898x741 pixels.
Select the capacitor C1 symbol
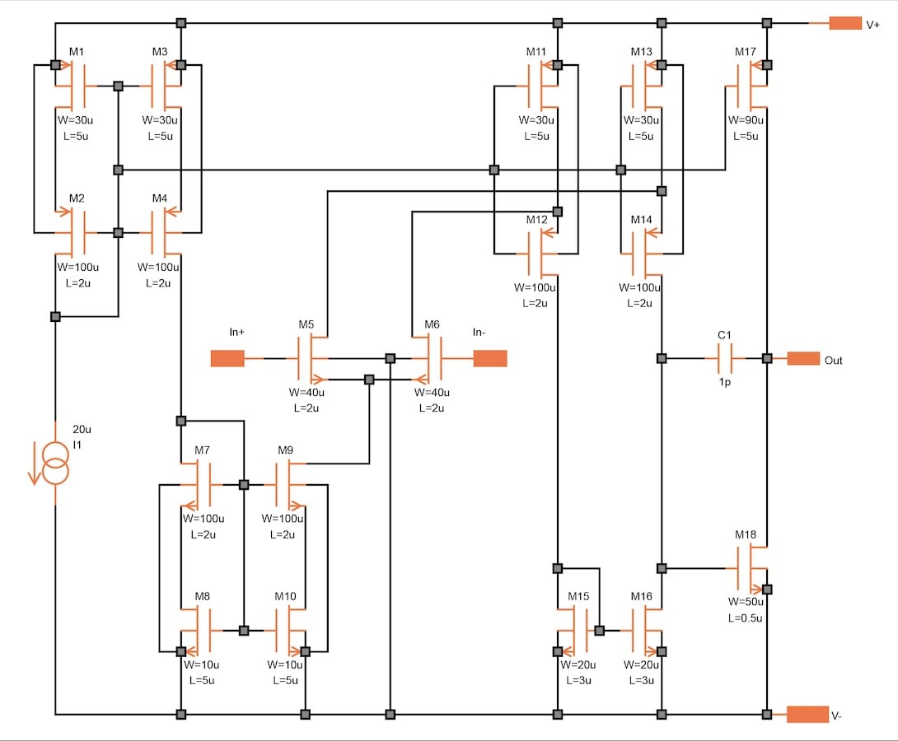tap(725, 358)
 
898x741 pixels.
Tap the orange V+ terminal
tap(844, 24)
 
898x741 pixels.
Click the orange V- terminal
tap(807, 715)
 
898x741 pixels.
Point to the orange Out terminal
tap(803, 359)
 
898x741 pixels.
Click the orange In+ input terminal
tap(227, 358)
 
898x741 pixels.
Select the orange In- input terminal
tap(490, 358)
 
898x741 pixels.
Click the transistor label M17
tap(745, 52)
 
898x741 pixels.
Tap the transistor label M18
tap(745, 534)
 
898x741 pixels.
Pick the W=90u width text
tap(746, 120)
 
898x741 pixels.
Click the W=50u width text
tap(745, 602)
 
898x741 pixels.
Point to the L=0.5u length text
tap(745, 617)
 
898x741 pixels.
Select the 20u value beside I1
tap(82, 430)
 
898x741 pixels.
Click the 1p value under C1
tap(725, 383)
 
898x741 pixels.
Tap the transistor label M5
tap(306, 324)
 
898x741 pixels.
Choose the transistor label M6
tap(432, 324)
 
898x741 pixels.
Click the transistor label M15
tap(578, 596)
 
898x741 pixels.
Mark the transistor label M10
tap(285, 596)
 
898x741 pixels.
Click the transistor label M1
tap(77, 52)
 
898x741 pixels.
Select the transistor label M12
tap(536, 220)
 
